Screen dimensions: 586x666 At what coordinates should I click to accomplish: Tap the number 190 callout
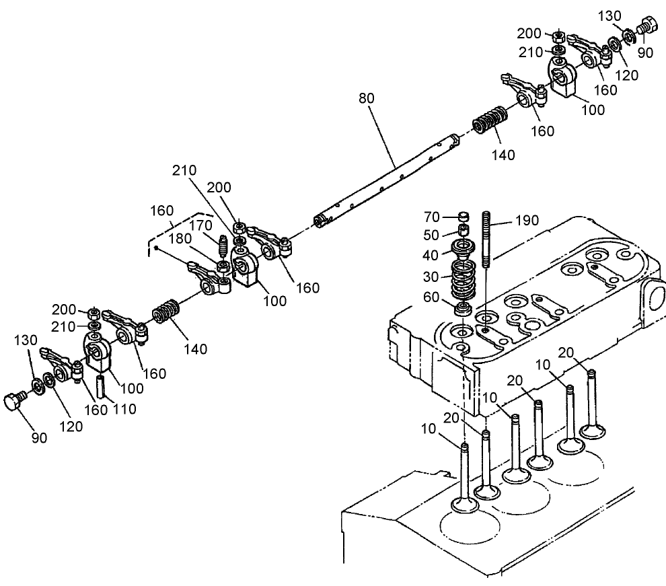pyautogui.click(x=527, y=221)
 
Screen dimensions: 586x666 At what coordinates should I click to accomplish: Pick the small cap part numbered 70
pyautogui.click(x=461, y=217)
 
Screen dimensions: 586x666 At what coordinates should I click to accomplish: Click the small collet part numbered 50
pyautogui.click(x=461, y=231)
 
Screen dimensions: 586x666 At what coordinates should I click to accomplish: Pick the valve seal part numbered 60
pyautogui.click(x=462, y=309)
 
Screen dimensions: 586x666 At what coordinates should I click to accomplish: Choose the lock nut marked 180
pyautogui.click(x=222, y=268)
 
